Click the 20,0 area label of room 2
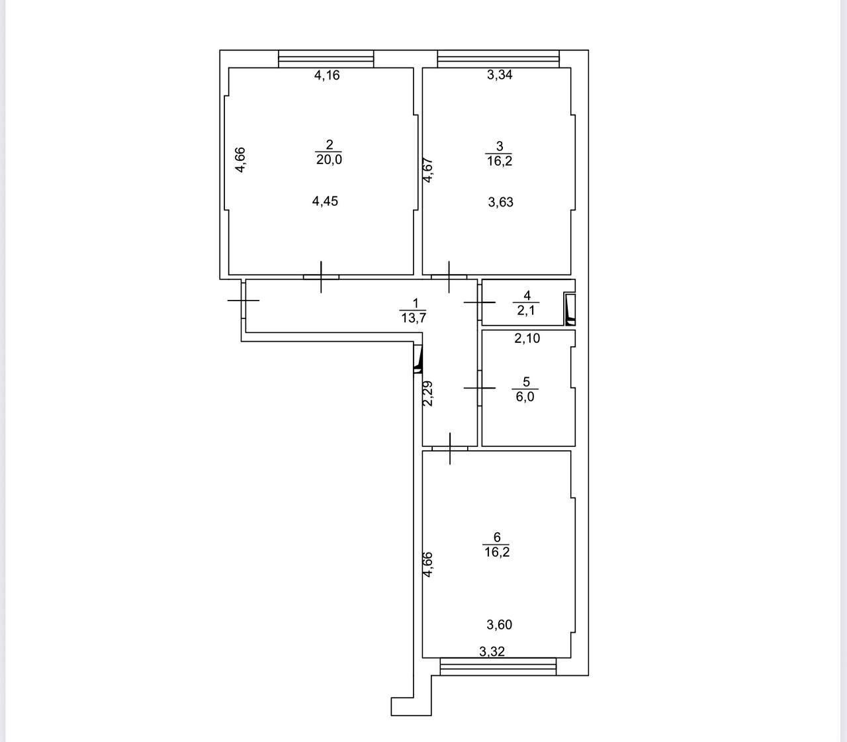[329, 160]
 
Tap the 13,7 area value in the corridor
[414, 318]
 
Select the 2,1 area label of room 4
[526, 310]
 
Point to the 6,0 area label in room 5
[525, 396]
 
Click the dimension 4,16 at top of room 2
[327, 75]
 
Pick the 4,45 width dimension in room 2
[325, 201]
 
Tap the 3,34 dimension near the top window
[500, 75]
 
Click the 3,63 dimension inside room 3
[500, 202]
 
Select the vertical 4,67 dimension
[427, 169]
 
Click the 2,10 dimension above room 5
[527, 338]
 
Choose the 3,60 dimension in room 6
[499, 624]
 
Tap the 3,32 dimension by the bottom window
[492, 652]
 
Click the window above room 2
[326, 59]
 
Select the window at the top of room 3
[499, 59]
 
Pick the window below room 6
[498, 667]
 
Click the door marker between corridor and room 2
[321, 277]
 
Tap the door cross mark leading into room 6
[450, 448]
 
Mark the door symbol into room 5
[479, 388]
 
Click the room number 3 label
[500, 146]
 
